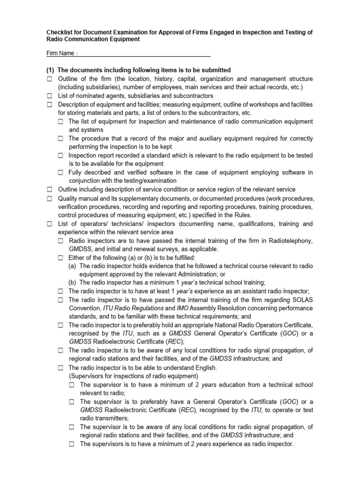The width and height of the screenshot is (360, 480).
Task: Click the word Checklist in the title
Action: (58, 32)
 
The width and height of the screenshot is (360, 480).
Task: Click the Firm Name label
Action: (60, 53)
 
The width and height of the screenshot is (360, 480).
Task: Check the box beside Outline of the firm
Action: (50, 79)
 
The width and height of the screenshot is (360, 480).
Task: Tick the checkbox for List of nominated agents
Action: (50, 96)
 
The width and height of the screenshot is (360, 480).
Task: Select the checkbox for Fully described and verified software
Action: (61, 172)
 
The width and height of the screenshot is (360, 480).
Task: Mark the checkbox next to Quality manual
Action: (50, 198)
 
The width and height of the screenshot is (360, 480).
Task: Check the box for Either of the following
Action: (61, 258)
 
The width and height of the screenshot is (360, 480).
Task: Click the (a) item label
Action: (73, 266)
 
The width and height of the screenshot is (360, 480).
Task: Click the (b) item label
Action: (73, 282)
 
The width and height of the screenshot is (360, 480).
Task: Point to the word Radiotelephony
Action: (291, 241)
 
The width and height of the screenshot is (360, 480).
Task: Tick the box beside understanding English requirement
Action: (61, 367)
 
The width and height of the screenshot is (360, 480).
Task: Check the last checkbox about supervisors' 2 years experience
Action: (72, 444)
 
